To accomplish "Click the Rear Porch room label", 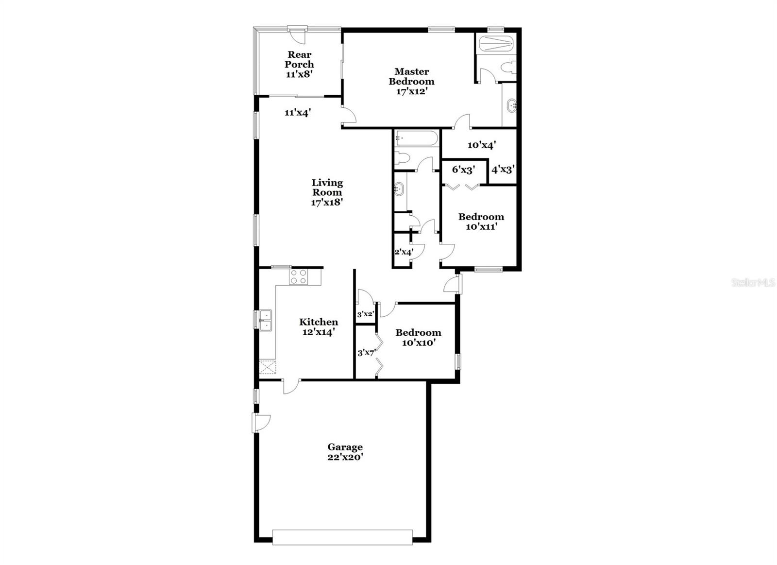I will coord(299,64).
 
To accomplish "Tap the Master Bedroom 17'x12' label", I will coord(411,81).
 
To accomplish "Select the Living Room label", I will coord(327,192).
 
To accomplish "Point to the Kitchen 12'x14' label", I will coord(319,327).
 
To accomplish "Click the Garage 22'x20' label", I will coord(345,452).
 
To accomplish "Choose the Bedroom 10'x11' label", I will coord(481,222).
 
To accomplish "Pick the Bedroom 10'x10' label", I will coord(418,337).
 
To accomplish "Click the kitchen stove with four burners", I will coord(298,276).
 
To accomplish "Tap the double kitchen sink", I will coord(265,321).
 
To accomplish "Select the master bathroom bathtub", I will coord(496,44).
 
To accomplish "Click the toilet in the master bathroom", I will coord(509,68).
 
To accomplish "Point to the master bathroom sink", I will coord(511,104).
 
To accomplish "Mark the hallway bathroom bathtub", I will coord(416,138).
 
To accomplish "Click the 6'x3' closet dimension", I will coord(463,170).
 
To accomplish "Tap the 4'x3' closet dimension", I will coord(503,170).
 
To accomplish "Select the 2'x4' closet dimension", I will coord(403,252).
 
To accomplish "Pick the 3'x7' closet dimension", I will coord(367,353).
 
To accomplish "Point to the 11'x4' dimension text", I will coord(298,113).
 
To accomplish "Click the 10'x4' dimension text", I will coord(481,144).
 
